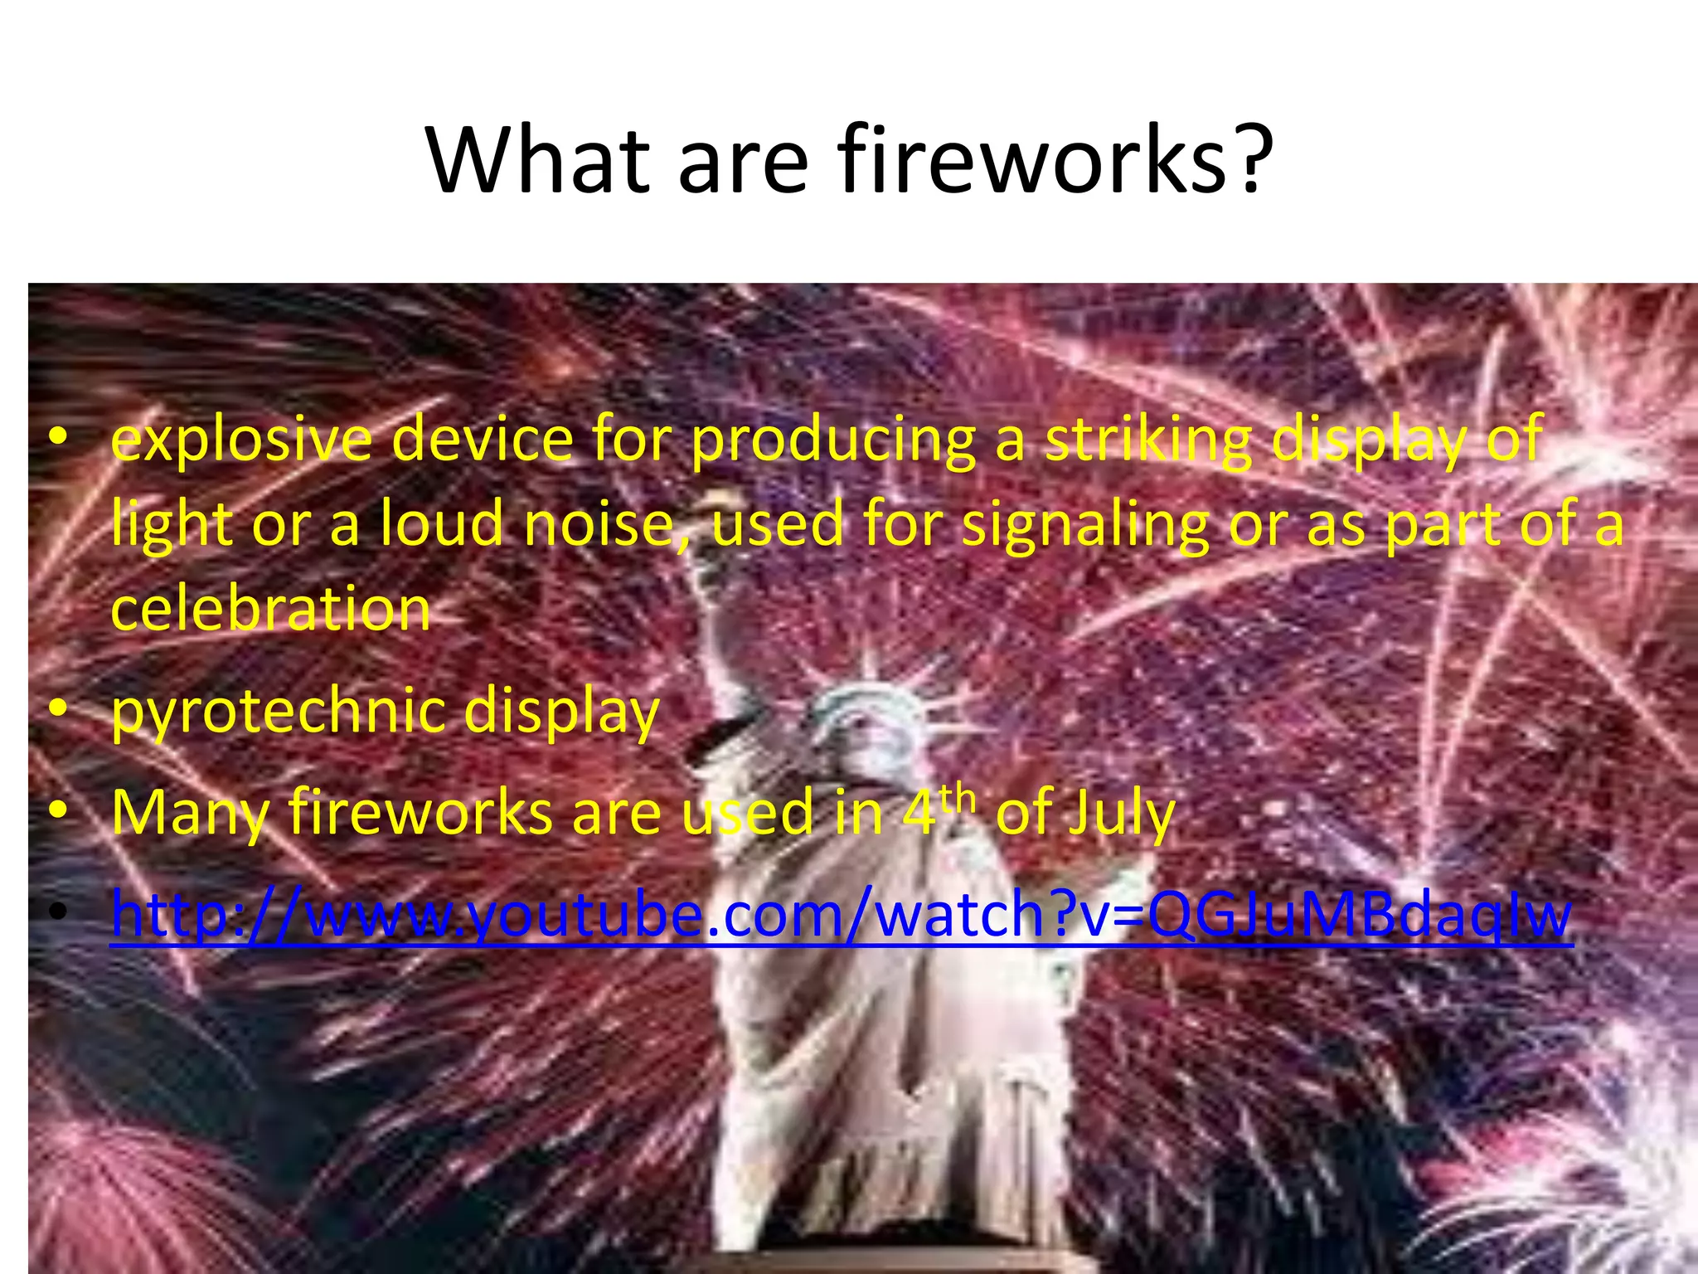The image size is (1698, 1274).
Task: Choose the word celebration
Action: click(x=271, y=609)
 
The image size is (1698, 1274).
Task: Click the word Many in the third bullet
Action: click(x=191, y=813)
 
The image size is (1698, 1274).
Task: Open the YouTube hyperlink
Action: click(x=842, y=915)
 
